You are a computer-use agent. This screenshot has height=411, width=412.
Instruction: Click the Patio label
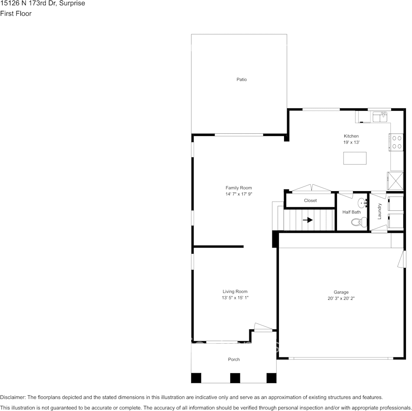242,80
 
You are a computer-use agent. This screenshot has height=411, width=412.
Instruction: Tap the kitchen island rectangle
355,158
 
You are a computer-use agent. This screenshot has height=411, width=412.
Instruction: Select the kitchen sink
379,116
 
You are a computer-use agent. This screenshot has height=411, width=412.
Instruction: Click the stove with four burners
396,142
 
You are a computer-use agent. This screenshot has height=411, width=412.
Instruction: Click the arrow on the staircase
307,219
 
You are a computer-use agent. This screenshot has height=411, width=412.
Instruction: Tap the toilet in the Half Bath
359,222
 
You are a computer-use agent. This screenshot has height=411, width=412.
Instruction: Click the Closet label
311,201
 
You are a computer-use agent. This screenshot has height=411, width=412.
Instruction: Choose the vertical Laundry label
379,211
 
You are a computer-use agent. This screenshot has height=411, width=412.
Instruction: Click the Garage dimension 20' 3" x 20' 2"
341,298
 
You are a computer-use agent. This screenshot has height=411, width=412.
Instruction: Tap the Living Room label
235,292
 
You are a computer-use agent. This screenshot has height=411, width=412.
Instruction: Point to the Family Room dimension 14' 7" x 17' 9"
239,194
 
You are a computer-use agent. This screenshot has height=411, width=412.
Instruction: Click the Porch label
234,359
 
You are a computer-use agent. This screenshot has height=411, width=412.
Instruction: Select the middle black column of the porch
235,378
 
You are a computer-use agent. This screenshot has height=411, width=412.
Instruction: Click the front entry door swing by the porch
263,327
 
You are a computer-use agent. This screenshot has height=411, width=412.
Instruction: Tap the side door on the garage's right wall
402,259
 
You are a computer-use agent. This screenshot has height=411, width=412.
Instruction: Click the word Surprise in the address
72,3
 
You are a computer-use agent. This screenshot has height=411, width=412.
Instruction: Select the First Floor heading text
16,13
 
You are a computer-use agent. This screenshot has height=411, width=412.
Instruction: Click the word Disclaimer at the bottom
13,397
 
